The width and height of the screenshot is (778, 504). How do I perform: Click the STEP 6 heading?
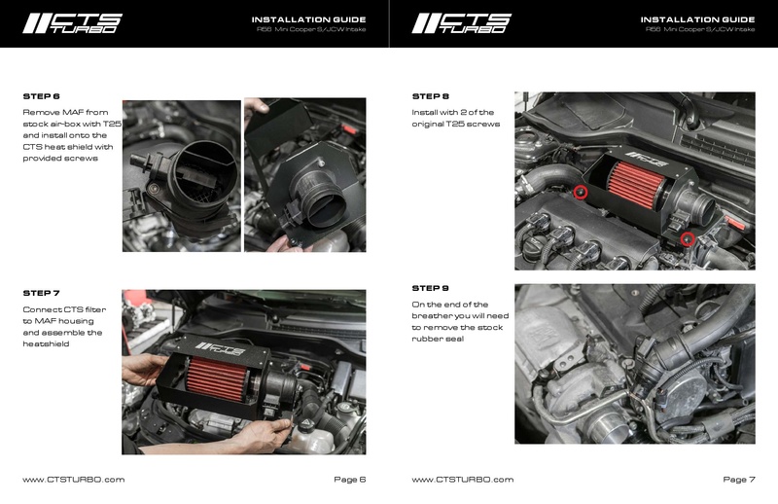pos(41,96)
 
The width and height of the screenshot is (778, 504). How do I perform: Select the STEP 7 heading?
pos(41,293)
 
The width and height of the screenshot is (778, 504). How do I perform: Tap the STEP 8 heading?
pos(431,96)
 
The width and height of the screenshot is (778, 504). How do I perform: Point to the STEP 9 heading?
pos(431,288)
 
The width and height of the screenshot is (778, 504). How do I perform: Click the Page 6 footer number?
pos(348,480)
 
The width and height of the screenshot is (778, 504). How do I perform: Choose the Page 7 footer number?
pos(738,480)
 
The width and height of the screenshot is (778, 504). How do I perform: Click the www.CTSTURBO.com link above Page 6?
pos(73,480)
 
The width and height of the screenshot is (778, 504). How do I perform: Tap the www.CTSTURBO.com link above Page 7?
pos(463,480)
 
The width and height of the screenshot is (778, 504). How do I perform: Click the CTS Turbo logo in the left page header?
pos(73,22)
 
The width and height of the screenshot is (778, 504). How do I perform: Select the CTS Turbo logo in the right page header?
pos(463,22)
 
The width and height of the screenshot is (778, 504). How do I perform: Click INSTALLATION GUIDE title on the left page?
pos(308,18)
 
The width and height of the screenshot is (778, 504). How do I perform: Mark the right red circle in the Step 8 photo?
pos(688,238)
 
